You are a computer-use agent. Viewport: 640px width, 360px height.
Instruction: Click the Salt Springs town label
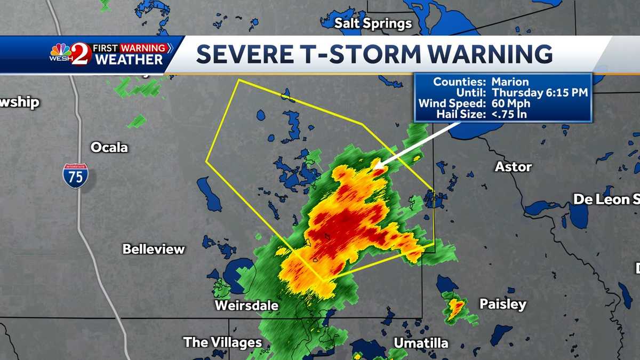pos(373,23)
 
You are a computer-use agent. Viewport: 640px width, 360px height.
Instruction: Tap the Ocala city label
pos(109,147)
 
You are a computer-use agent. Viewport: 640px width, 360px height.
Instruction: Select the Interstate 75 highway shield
pos(75,176)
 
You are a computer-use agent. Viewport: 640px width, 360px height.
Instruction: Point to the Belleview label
pos(154,249)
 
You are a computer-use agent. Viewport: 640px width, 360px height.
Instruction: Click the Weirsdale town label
pos(246,306)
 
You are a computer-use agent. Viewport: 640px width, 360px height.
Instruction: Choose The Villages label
pos(222,342)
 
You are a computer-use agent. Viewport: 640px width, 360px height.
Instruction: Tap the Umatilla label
pos(421,343)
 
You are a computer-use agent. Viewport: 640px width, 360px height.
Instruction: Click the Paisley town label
pos(502,304)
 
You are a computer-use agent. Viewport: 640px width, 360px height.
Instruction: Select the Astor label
pos(513,167)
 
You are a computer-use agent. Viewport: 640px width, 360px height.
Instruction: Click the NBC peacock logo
pos(60,50)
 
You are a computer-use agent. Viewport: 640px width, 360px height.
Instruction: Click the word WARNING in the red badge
pos(143,49)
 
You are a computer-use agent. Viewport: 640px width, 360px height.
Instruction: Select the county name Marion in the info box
pos(510,82)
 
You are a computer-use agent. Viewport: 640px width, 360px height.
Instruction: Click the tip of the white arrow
pos(375,167)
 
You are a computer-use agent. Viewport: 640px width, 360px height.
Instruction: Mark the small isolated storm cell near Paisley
pos(455,308)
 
